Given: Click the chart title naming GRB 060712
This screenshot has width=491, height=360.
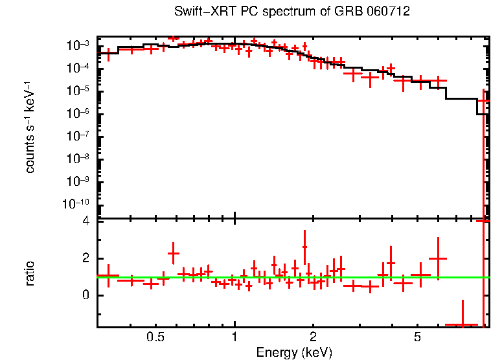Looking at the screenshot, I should (291, 12).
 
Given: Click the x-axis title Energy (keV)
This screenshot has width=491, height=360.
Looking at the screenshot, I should (293, 352).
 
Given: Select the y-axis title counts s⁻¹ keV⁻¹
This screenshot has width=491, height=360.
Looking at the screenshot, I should (30, 128).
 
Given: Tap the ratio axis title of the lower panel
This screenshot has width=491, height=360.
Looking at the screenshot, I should (30, 273).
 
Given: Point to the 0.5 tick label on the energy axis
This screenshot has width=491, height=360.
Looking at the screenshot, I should (155, 337).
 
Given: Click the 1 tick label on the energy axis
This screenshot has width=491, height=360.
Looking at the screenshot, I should (234, 337).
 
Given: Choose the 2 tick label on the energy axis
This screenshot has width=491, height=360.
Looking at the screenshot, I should (313, 337).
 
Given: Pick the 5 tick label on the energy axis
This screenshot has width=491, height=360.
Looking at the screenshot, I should (417, 337).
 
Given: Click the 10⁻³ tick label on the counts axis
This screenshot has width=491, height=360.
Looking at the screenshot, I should (79, 46).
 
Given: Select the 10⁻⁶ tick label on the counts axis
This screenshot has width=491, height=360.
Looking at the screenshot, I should (79, 113).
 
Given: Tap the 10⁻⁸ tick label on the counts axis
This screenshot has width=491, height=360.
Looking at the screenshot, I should (79, 159).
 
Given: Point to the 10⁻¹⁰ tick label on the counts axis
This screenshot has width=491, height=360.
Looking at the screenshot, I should (77, 204).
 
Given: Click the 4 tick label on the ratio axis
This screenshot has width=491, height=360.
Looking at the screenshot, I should (84, 221).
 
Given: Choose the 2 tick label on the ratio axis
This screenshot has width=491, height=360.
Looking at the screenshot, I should (84, 258).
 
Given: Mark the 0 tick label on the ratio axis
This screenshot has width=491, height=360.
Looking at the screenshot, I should (84, 295).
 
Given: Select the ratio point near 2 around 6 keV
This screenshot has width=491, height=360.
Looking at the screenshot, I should (439, 258).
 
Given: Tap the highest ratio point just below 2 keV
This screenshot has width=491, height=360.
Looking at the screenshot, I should (304, 246).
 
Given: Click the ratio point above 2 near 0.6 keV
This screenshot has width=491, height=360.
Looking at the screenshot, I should (174, 253).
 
